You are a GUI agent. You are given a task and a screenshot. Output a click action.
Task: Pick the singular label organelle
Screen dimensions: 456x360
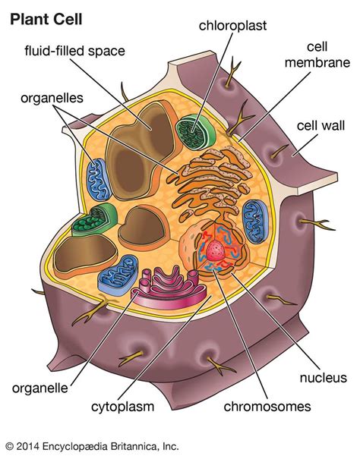[x=42, y=390]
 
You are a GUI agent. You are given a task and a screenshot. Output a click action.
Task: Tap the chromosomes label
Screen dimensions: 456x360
[x=267, y=407]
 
